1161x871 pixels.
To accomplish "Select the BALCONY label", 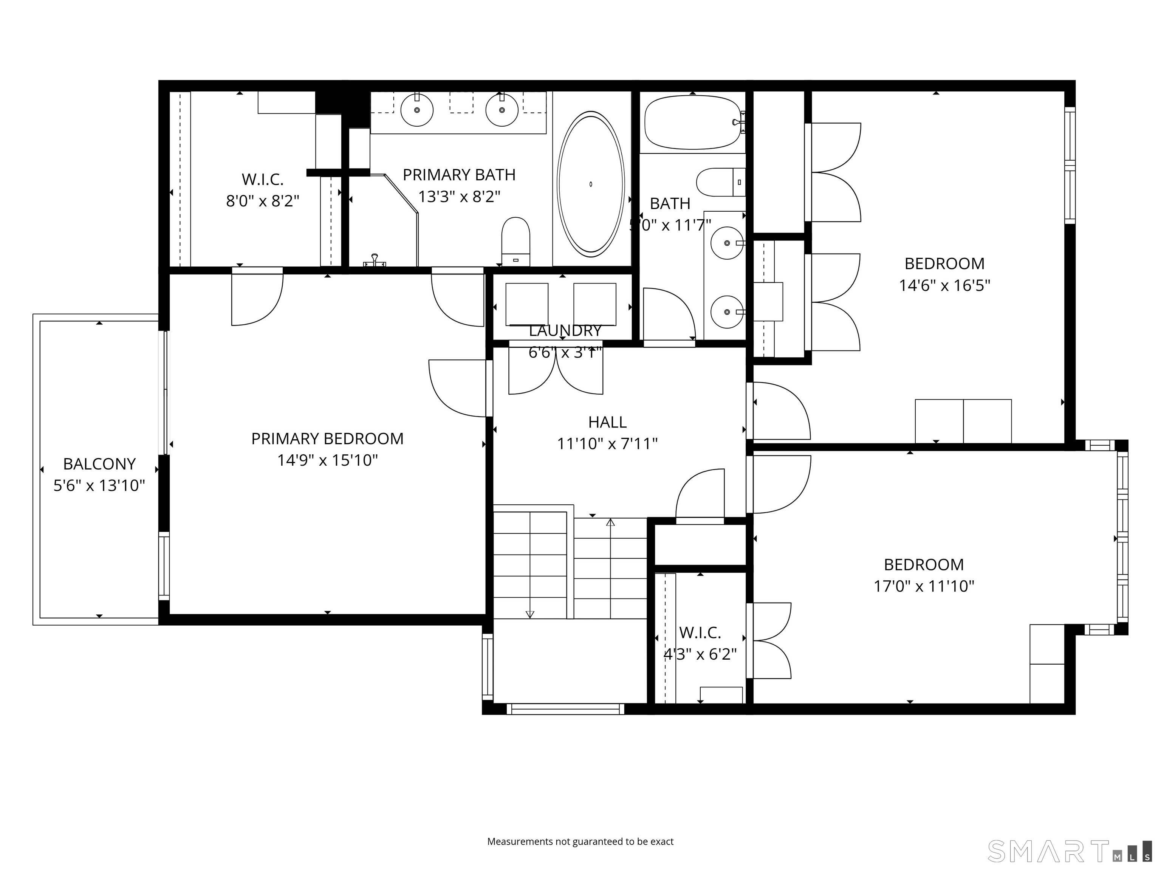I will [99, 463].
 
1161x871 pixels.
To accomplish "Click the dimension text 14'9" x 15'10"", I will [328, 460].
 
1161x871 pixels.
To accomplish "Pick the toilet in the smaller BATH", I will [720, 182].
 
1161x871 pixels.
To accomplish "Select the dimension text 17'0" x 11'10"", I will [923, 586].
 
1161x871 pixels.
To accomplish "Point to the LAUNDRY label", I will [565, 330].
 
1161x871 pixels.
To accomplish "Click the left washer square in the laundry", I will [526, 304].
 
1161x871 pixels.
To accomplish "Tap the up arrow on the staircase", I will [610, 523].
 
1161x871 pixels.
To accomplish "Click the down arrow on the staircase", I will [529, 614].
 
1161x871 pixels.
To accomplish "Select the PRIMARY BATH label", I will [459, 174].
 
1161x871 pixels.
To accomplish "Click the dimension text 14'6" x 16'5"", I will [944, 285].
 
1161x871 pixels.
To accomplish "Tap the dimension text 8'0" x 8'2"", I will [262, 201].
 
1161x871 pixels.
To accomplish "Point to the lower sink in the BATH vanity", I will [727, 312].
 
